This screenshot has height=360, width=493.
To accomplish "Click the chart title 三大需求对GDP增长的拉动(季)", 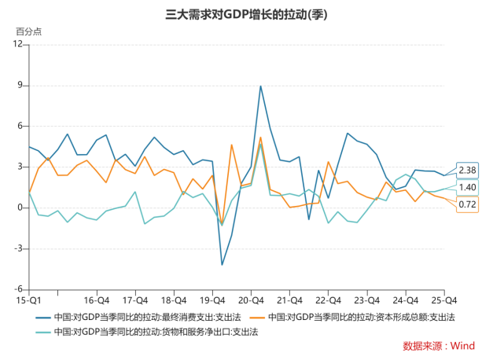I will (246, 14).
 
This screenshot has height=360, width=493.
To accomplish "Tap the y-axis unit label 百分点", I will (29, 31).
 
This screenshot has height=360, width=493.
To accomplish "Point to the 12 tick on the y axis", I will (18, 44).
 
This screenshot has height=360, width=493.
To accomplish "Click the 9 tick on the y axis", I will (20, 85).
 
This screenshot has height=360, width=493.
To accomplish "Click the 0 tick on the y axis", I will (20, 208).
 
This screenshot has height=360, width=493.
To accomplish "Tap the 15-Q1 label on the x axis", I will (29, 300).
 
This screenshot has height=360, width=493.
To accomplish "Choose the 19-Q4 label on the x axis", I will (212, 300).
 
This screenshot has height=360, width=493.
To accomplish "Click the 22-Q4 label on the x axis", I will (328, 300).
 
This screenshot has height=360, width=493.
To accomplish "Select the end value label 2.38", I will (467, 171).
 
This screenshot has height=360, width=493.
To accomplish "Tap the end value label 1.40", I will (467, 187).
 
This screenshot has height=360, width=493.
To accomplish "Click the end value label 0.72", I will (467, 204).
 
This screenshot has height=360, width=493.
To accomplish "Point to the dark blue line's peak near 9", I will (260, 86).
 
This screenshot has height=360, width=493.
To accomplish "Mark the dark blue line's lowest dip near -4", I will (222, 264).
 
